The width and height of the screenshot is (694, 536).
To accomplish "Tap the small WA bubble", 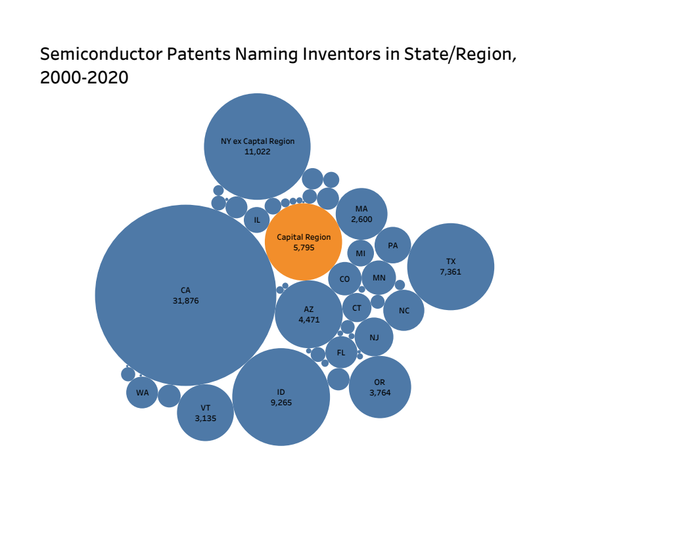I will pyautogui.click(x=143, y=393).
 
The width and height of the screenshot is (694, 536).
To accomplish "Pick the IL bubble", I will pyautogui.click(x=257, y=220).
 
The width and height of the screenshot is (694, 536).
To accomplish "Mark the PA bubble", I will pyautogui.click(x=393, y=246).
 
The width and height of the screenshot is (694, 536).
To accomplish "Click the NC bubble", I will pyautogui.click(x=404, y=311).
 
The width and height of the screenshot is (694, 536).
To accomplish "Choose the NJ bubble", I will pyautogui.click(x=375, y=338).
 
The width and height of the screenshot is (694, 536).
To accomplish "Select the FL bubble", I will pyautogui.click(x=341, y=353).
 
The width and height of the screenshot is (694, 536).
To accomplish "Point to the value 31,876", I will pyautogui.click(x=185, y=301).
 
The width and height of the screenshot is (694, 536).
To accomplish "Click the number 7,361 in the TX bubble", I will pyautogui.click(x=451, y=271).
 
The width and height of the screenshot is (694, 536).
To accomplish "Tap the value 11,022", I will pyautogui.click(x=258, y=152).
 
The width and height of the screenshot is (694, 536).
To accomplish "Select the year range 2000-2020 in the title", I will pyautogui.click(x=84, y=78).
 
